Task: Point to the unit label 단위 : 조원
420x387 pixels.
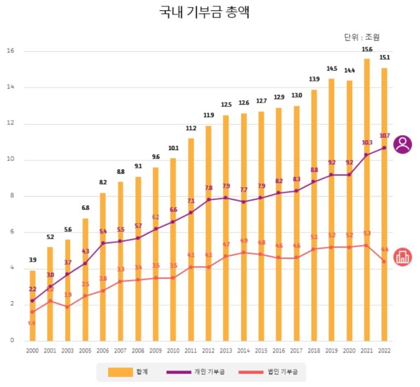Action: [x=361, y=37]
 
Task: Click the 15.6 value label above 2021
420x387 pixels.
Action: [x=366, y=50]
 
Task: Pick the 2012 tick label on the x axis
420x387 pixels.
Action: [x=208, y=350]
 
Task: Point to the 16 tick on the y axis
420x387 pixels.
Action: [x=10, y=51]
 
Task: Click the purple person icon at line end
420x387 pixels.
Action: [x=403, y=144]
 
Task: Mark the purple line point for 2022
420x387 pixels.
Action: [x=384, y=148]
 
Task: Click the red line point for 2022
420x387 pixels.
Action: [x=384, y=261]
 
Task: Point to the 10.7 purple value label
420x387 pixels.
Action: [x=384, y=136]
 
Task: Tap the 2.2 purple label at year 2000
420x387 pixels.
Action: [x=32, y=289]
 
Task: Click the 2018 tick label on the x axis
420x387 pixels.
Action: [x=314, y=350]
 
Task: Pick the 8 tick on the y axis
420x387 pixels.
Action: [x=10, y=196]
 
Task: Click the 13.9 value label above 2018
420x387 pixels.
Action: [x=314, y=80]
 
